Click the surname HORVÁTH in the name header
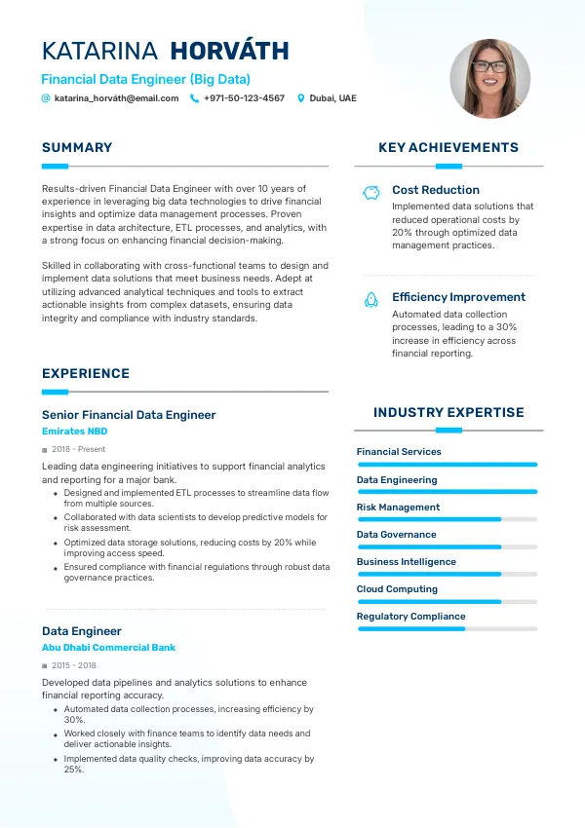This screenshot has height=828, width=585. tap(229, 52)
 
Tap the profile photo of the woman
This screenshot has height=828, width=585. tap(489, 79)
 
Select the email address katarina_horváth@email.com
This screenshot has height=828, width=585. tap(116, 98)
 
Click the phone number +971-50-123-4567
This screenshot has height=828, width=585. tap(244, 98)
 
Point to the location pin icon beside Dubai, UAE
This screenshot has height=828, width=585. tap(301, 98)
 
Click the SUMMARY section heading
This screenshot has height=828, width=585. tap(77, 148)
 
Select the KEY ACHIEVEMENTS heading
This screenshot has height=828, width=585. tap(448, 148)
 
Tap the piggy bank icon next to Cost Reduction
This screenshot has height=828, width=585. tap(370, 192)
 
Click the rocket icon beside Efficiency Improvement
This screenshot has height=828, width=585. tap(370, 299)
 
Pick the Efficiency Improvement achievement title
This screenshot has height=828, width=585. tap(458, 297)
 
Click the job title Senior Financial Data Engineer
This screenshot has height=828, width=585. tap(129, 415)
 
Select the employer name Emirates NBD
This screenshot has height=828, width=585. tap(74, 432)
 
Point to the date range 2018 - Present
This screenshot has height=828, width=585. tap(78, 450)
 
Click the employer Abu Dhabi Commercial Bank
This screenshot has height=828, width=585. tap(108, 648)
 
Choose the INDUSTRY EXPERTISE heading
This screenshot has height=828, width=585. tap(448, 413)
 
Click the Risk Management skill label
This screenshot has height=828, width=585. tap(398, 508)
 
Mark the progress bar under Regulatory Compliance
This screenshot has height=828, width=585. tap(448, 629)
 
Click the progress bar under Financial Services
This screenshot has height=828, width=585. tap(448, 465)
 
